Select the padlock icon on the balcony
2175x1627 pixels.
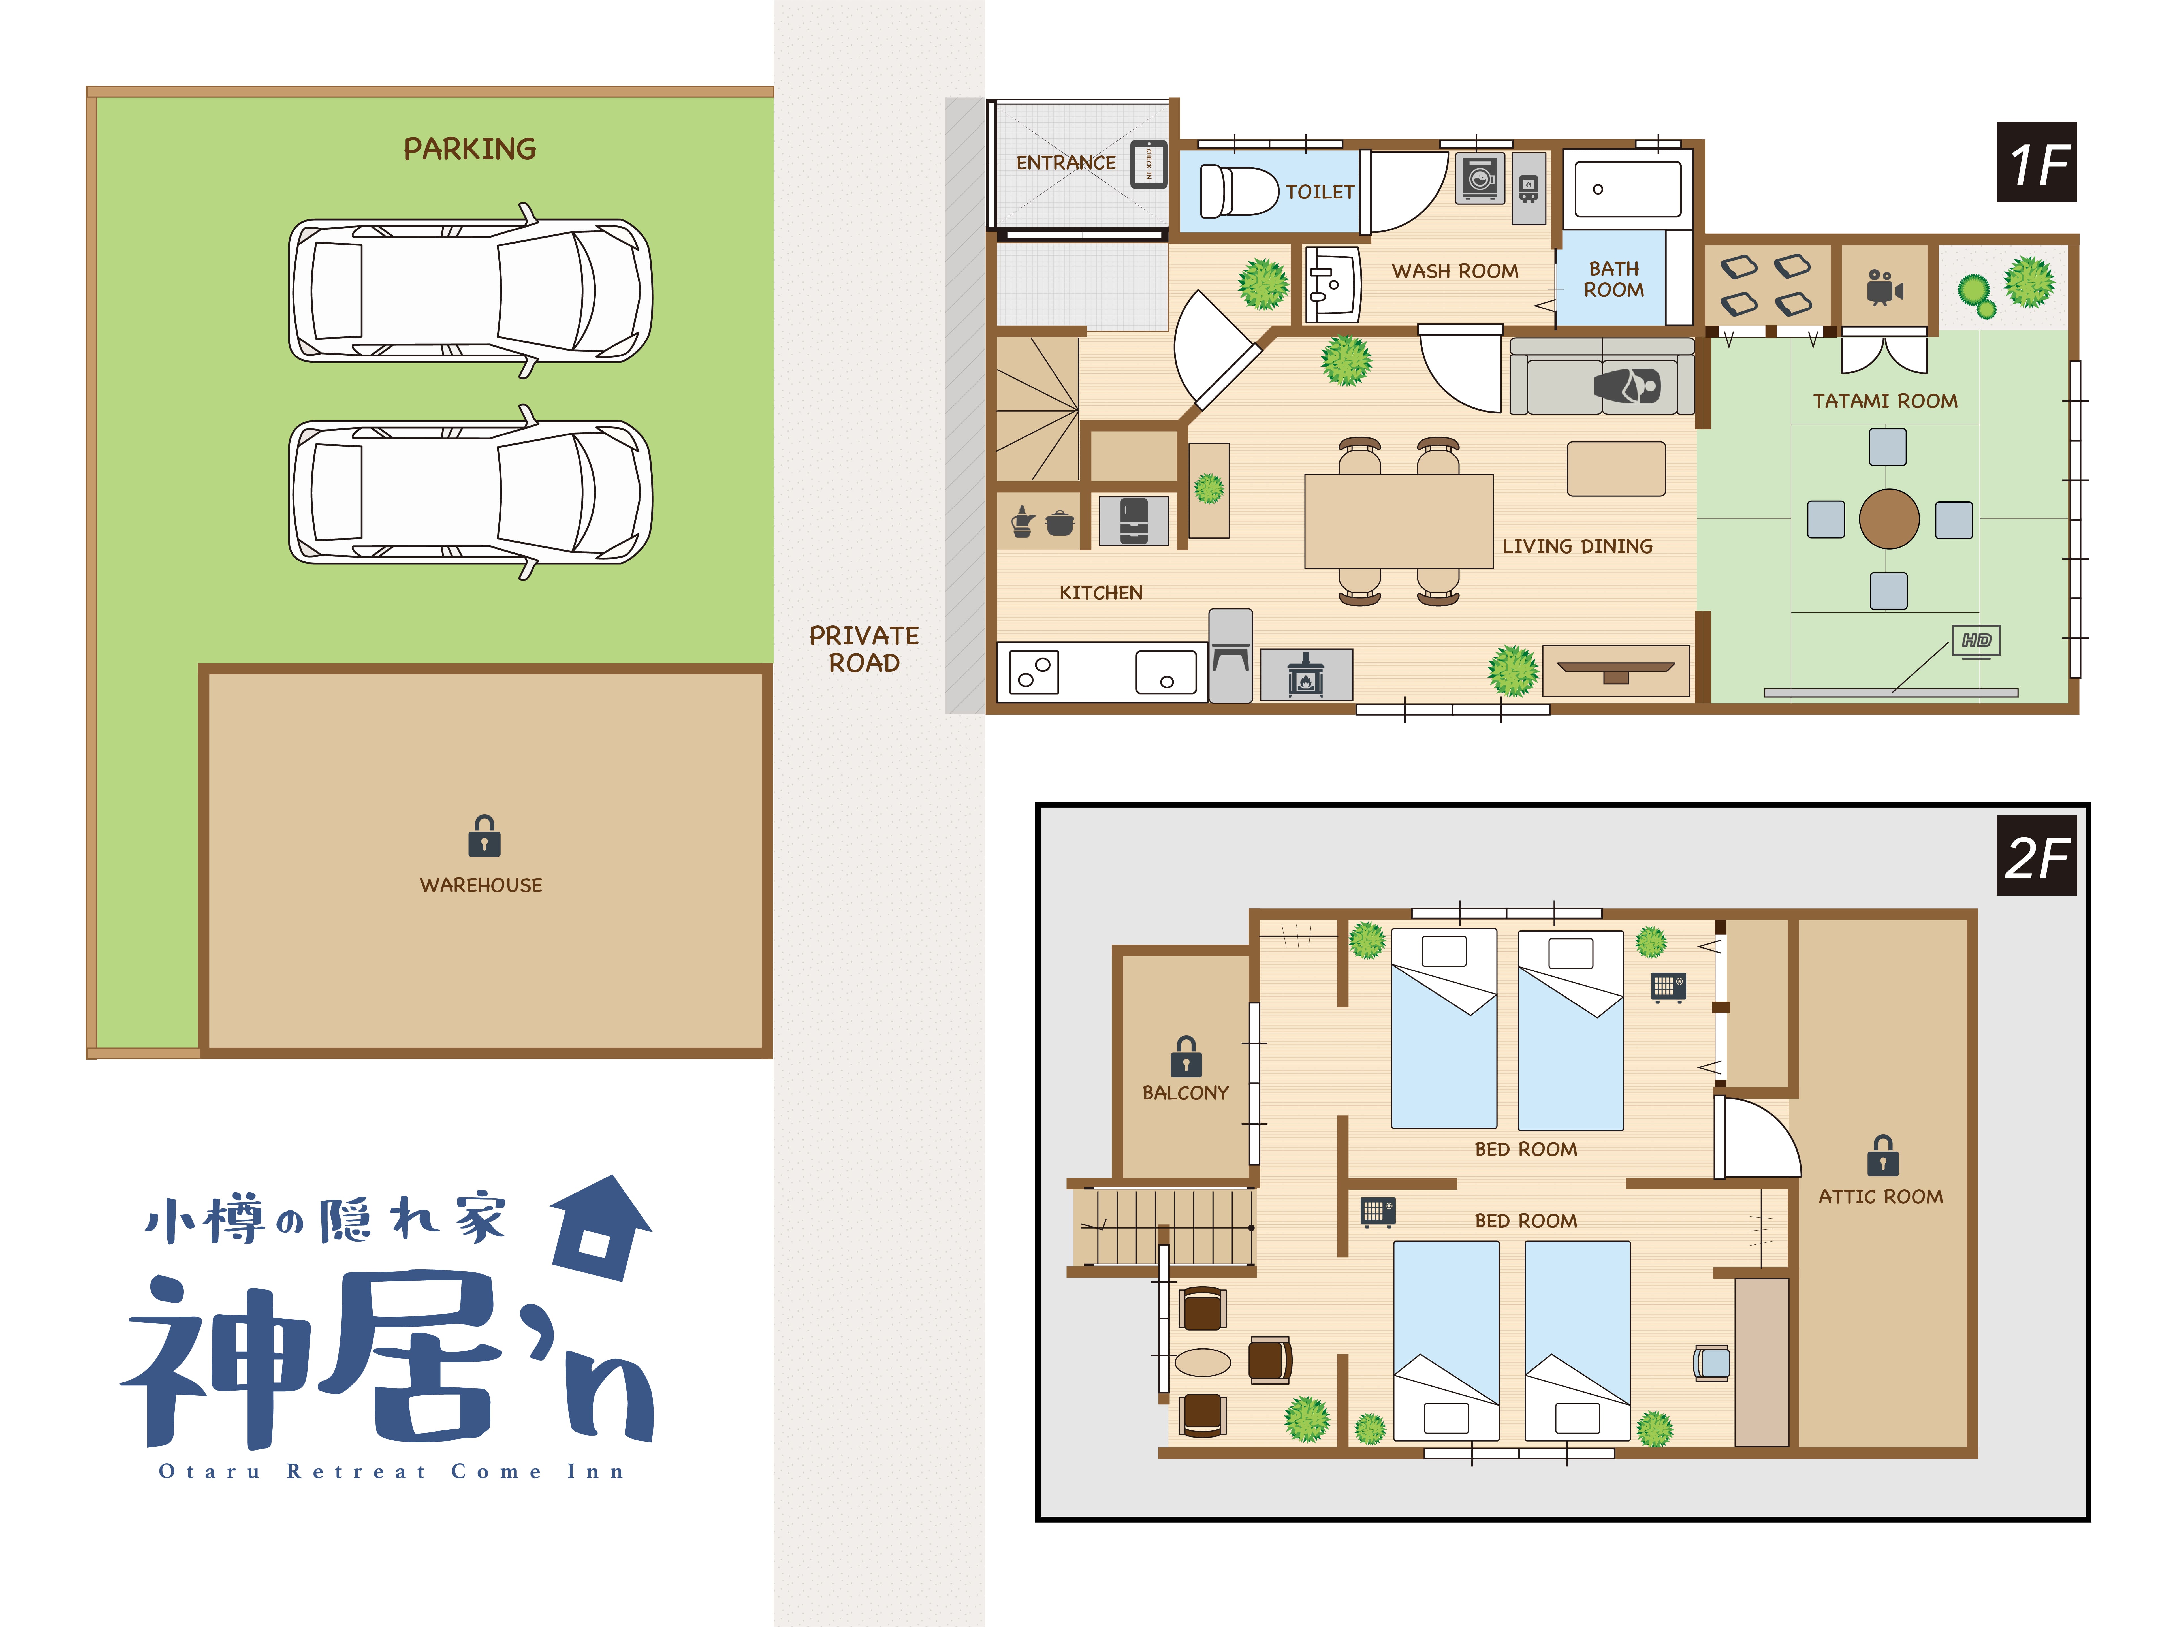[1186, 1057]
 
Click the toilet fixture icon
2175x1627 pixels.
[1239, 190]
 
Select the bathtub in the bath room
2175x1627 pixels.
[1627, 189]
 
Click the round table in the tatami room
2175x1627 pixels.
[1889, 518]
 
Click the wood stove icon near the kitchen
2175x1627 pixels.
[1306, 674]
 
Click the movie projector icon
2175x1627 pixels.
[1884, 287]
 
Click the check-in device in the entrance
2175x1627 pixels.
[1147, 164]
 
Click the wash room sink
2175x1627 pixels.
[1332, 284]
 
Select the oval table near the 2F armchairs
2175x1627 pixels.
[1203, 1362]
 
